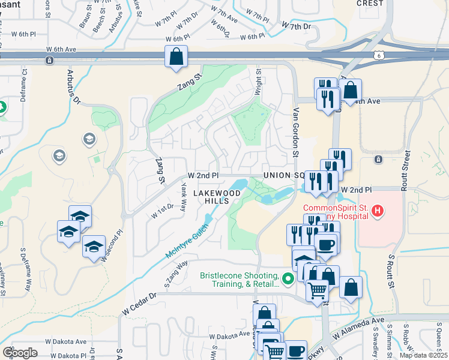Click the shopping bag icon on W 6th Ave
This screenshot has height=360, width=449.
[x=176, y=57]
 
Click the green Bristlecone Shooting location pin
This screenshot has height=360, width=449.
[x=288, y=278]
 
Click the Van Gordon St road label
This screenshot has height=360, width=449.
[x=296, y=133]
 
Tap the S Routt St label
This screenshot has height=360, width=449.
[x=390, y=273]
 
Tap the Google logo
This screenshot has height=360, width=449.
[x=20, y=352]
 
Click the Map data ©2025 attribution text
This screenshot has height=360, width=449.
[x=423, y=355]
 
